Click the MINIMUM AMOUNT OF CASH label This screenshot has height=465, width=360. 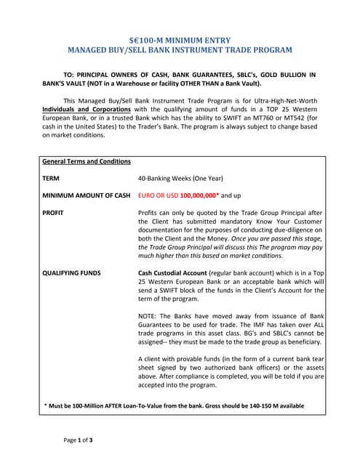click(x=87, y=195)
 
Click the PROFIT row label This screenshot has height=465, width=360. click(x=53, y=213)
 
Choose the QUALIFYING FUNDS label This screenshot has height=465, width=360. click(x=71, y=273)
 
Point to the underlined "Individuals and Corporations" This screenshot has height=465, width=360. click(x=87, y=109)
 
